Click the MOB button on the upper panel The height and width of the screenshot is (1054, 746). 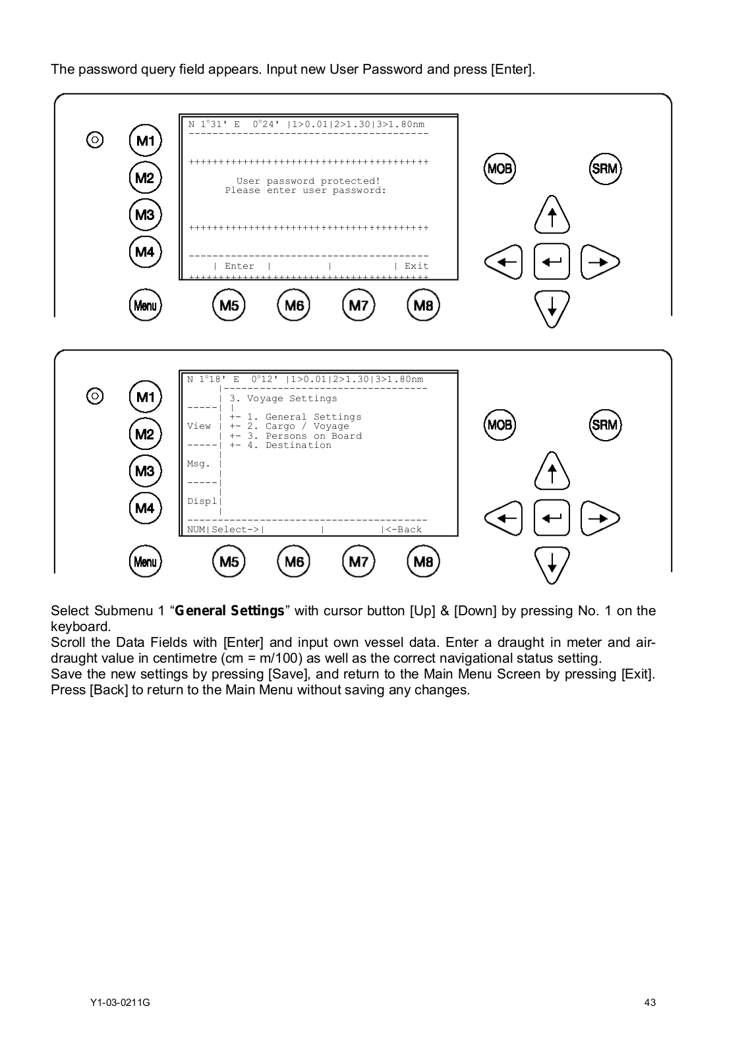tap(500, 169)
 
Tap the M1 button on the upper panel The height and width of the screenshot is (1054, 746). tap(145, 140)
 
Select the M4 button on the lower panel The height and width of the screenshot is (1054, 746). tap(145, 508)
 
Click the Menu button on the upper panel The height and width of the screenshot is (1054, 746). tap(145, 305)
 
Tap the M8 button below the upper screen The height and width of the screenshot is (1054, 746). tap(423, 305)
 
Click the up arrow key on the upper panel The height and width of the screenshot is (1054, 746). tap(552, 215)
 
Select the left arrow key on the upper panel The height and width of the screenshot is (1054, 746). tap(503, 262)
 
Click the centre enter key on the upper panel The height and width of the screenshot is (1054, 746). tap(552, 262)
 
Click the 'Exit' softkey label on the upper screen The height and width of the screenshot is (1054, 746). tap(416, 266)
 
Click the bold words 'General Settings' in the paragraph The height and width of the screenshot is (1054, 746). tap(229, 611)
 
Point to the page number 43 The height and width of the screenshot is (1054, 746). tap(650, 1003)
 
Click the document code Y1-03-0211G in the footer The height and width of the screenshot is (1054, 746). tap(120, 1003)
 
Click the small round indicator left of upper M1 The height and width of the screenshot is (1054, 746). tap(95, 140)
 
